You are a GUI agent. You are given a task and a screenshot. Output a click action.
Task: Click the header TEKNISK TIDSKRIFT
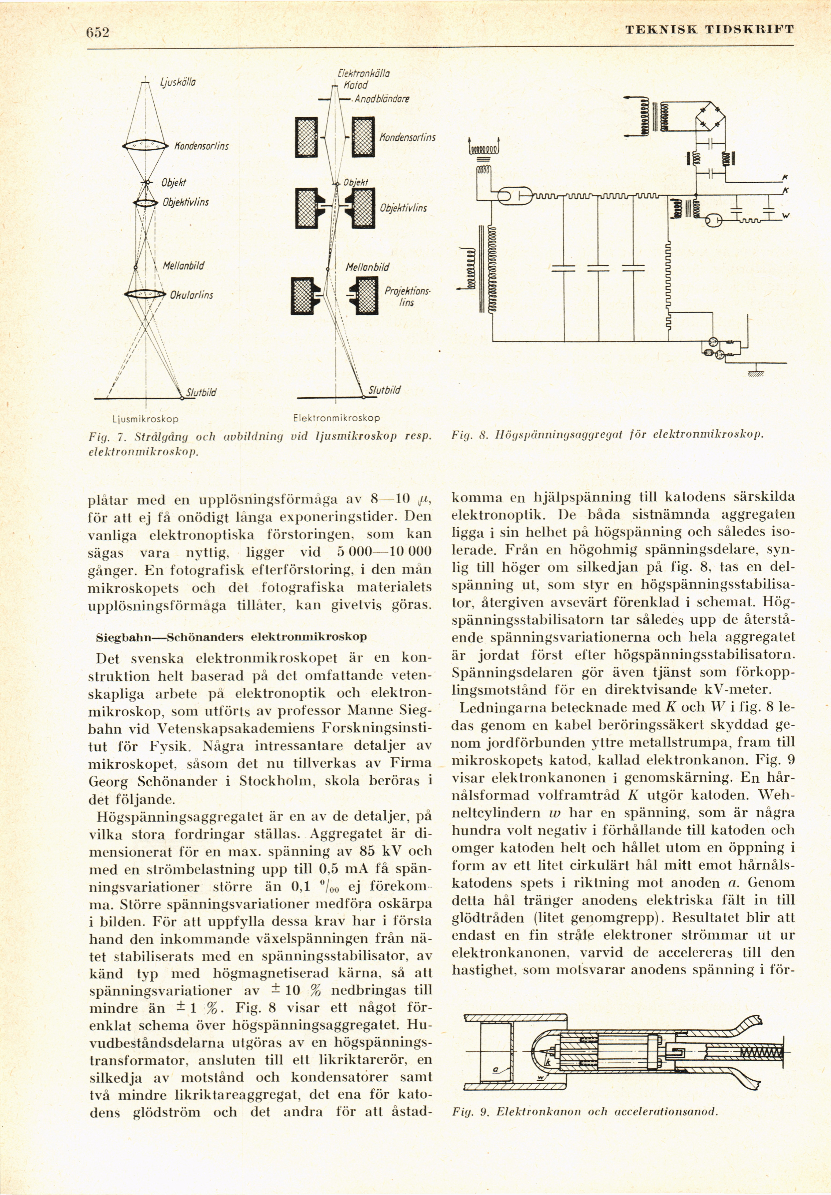[x=710, y=30]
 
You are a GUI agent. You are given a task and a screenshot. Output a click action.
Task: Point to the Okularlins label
[x=191, y=295]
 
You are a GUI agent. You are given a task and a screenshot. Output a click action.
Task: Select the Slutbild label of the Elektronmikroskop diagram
[x=384, y=390]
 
